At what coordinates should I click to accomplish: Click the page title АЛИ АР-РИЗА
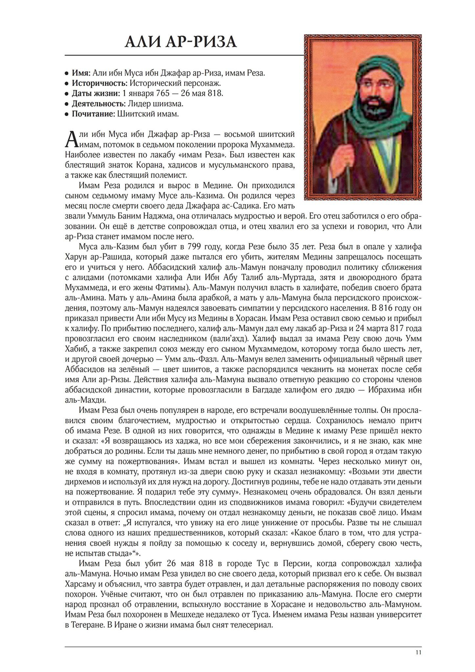(180, 42)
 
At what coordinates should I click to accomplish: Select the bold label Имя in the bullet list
(81, 73)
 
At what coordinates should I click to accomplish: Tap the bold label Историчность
(99, 83)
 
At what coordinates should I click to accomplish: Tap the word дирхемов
(82, 482)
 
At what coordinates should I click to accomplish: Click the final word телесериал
(252, 625)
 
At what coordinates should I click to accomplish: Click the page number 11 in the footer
(418, 653)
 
